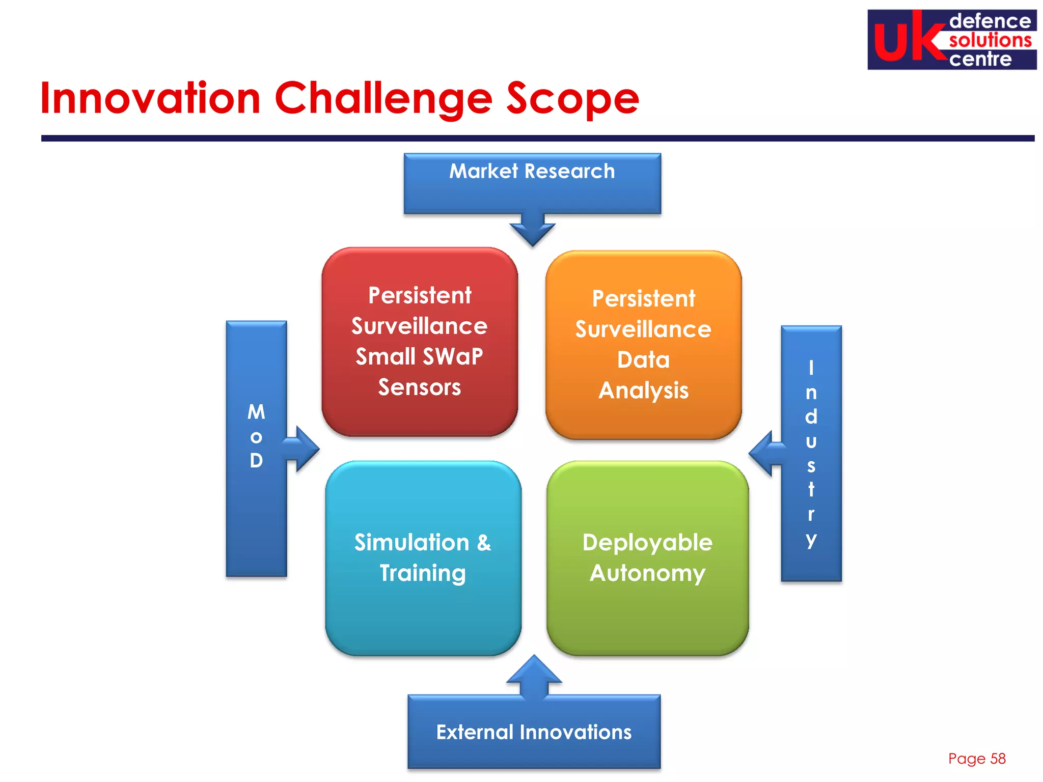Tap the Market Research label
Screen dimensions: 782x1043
click(x=532, y=171)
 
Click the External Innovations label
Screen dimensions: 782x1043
click(x=533, y=732)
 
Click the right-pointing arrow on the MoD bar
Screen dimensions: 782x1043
click(x=304, y=449)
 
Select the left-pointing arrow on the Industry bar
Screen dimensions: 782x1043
click(x=764, y=453)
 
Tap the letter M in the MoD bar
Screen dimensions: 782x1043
click(x=256, y=412)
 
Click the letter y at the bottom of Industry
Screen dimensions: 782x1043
click(x=811, y=539)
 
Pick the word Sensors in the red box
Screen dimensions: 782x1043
click(x=419, y=387)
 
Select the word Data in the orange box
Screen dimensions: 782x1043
click(x=643, y=360)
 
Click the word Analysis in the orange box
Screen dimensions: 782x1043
click(x=643, y=390)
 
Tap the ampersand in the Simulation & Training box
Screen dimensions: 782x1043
click(x=484, y=543)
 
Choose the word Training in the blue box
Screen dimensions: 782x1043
click(x=422, y=573)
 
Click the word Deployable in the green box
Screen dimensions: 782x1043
click(x=647, y=543)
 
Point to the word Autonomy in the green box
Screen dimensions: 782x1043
click(x=647, y=573)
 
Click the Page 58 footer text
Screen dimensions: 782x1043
click(x=976, y=759)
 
